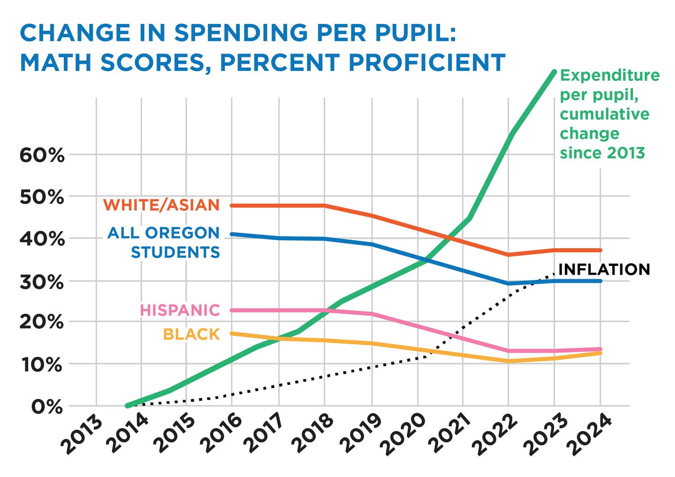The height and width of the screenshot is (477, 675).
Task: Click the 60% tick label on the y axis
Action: [x=41, y=155]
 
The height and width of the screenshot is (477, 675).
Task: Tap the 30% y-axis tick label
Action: [x=41, y=282]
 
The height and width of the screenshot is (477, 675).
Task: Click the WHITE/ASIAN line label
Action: [x=161, y=205]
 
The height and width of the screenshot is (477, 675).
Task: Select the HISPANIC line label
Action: [x=180, y=310]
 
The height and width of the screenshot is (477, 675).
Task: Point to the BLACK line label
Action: [x=191, y=334]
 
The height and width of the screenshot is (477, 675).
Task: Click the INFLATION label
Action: [x=604, y=269]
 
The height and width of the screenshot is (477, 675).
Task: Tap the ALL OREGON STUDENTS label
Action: [x=163, y=242]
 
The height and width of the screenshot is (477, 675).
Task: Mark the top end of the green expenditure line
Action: [x=554, y=72]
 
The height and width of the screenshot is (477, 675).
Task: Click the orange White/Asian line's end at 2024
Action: [x=600, y=250]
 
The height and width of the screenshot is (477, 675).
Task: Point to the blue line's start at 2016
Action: [x=232, y=234]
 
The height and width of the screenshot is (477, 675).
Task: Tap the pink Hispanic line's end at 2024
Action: [x=600, y=349]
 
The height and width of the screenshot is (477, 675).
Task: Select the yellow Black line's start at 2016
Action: [x=232, y=333]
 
